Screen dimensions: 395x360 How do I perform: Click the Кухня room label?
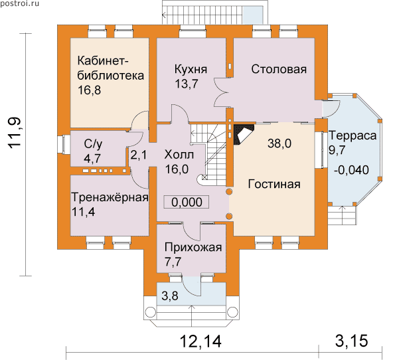point(191,69)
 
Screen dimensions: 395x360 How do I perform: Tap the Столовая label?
point(279,69)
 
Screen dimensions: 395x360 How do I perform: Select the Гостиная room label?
point(274,184)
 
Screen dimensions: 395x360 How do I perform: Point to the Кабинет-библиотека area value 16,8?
point(89,90)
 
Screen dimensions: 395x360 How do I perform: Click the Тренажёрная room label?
point(110,197)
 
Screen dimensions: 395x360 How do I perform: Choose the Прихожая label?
point(193,248)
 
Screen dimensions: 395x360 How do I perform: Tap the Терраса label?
point(353,135)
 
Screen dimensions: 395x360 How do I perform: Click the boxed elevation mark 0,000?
point(187,202)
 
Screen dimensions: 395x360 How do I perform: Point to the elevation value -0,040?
point(351,170)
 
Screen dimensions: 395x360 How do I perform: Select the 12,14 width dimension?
point(200,341)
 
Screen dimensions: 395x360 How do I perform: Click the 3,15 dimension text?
point(352,341)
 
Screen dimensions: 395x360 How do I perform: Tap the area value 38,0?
point(279,143)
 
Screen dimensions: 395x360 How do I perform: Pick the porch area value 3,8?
point(170,296)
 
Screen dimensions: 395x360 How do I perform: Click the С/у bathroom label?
point(93,145)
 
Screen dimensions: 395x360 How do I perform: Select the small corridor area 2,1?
point(138,155)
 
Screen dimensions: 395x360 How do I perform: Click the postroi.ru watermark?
point(20,3)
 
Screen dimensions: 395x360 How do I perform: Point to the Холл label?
point(179,155)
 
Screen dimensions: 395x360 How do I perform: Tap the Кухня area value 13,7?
point(187,84)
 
